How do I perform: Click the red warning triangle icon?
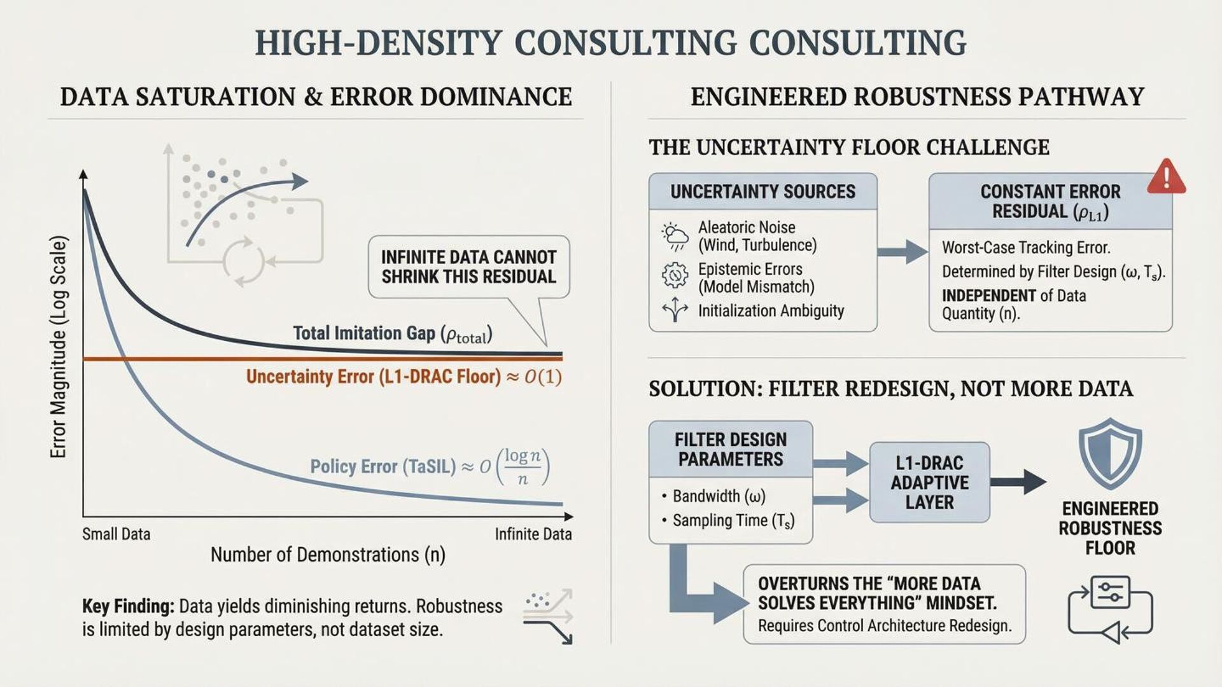(x=1166, y=177)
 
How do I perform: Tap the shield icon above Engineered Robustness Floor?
(x=1110, y=453)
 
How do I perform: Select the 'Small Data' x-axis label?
(x=116, y=534)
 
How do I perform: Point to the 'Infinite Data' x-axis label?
(x=533, y=534)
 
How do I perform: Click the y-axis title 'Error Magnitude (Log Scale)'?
(x=58, y=347)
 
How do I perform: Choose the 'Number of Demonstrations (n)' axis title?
(x=328, y=555)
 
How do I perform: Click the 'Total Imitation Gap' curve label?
(x=392, y=333)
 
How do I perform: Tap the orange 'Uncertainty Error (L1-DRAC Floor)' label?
(x=404, y=377)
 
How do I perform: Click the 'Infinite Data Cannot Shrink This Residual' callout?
(x=468, y=267)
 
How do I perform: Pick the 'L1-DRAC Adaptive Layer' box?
(x=929, y=482)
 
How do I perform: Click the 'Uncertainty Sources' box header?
(x=762, y=191)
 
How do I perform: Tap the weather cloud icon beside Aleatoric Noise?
(x=675, y=236)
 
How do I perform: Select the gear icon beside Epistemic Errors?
(x=675, y=275)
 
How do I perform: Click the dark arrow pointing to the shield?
(x=1018, y=482)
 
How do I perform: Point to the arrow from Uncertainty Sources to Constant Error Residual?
(x=902, y=252)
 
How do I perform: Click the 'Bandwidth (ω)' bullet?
(x=719, y=496)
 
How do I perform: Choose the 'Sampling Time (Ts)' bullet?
(x=733, y=521)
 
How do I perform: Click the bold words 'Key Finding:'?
(x=128, y=606)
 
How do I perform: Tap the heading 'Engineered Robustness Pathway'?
(x=917, y=97)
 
